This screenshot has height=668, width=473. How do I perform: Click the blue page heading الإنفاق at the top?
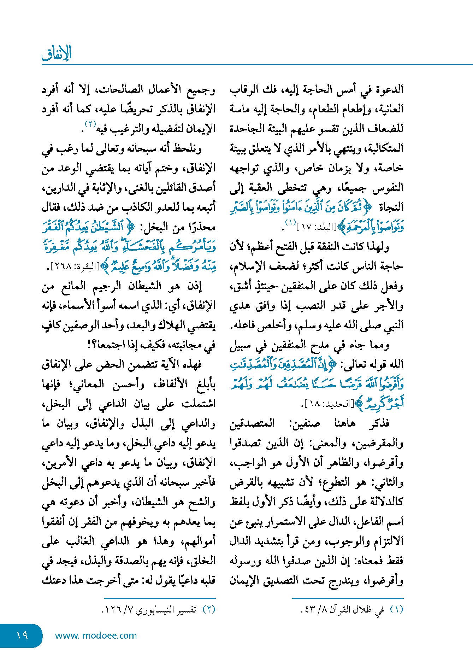click(57, 53)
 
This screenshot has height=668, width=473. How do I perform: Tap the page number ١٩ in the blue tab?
click(22, 635)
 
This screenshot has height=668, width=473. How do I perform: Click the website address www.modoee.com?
click(96, 635)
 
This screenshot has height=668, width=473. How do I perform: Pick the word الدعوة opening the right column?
click(389, 89)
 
